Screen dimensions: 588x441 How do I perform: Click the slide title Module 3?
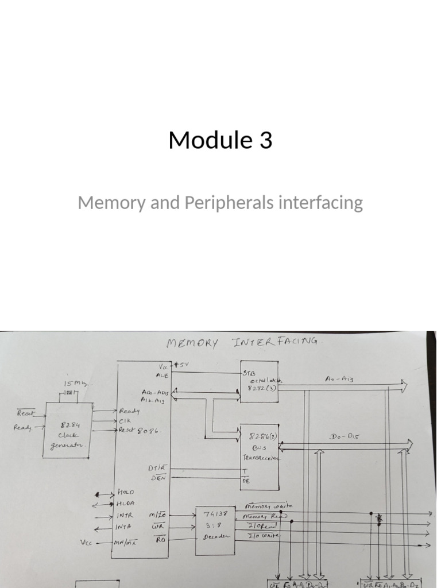click(x=220, y=140)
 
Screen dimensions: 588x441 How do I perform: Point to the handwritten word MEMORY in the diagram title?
click(x=192, y=344)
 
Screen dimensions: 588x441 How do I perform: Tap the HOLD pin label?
click(x=126, y=493)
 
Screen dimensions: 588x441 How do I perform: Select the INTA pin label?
click(x=125, y=525)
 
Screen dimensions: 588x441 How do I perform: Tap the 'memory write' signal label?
click(x=268, y=506)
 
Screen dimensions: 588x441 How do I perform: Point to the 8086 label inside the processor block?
click(x=144, y=431)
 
